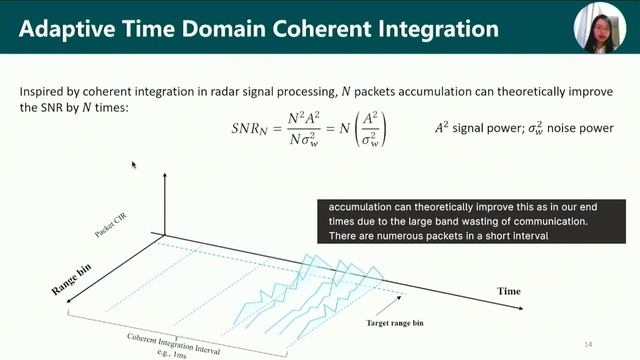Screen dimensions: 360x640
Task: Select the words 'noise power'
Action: tap(585, 128)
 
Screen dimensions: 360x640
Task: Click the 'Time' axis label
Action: tap(509, 290)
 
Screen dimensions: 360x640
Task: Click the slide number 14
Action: tap(588, 344)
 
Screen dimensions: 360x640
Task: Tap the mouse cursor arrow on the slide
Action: tap(135, 164)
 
